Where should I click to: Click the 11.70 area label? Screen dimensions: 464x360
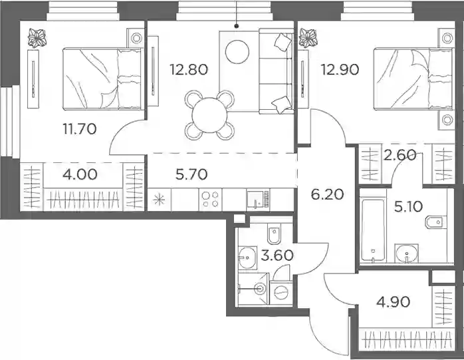tap(80, 129)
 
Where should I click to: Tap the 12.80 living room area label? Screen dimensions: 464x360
tap(189, 70)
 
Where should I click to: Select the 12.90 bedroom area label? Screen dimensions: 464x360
tap(340, 70)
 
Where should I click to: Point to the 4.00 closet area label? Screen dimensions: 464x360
tap(80, 174)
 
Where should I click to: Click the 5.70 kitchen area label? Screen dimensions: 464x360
tap(191, 174)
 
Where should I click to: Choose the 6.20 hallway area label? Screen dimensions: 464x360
tap(327, 195)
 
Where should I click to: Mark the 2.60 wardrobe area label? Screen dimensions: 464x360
tap(400, 155)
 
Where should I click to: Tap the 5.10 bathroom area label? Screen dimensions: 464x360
tap(408, 206)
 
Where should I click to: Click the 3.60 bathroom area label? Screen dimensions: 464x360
tap(277, 256)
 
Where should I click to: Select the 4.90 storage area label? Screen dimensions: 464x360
tap(394, 302)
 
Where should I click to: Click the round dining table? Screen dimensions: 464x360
tap(209, 114)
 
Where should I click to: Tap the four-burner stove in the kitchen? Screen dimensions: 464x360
tap(211, 200)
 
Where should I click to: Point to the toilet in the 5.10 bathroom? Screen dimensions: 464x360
tap(436, 222)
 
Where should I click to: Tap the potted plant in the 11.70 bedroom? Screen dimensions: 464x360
tap(37, 38)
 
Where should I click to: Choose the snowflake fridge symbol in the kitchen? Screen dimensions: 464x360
tap(159, 200)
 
